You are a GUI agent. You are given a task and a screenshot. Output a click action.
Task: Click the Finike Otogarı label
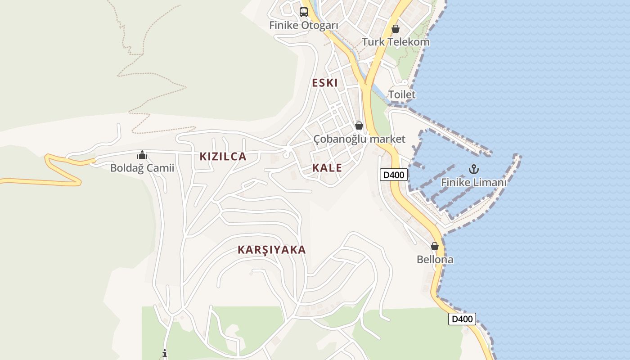[303, 25]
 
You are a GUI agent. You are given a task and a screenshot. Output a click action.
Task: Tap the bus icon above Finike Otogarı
[304, 12]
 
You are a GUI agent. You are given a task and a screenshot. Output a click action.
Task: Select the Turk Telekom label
[396, 42]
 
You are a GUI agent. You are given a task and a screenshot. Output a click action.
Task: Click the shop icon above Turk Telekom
[396, 29]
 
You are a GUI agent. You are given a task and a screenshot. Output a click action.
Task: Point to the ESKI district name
[325, 83]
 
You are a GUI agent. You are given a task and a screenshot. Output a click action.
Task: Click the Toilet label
[402, 94]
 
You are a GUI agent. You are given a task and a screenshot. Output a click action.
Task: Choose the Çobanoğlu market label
[359, 139]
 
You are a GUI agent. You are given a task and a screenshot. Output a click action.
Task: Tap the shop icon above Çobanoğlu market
[359, 126]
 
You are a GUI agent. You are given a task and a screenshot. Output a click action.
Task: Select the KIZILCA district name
[223, 157]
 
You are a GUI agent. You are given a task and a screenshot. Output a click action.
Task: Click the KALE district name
[327, 168]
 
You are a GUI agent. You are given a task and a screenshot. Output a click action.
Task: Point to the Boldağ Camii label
[142, 168]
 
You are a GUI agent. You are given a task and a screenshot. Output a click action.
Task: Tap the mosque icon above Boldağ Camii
[142, 155]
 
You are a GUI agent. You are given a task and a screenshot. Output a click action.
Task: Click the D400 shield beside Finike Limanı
[394, 175]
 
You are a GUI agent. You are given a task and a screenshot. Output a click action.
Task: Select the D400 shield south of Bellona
[462, 319]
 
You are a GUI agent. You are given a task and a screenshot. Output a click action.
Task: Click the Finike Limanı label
[474, 183]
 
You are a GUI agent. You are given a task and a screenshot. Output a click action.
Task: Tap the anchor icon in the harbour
[473, 170]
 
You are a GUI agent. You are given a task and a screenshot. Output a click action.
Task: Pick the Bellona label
[435, 260]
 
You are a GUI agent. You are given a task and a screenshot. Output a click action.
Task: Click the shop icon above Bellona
[435, 247]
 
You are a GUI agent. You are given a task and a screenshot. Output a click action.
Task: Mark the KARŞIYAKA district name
[272, 250]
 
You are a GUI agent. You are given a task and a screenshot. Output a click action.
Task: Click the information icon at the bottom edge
[165, 354]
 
